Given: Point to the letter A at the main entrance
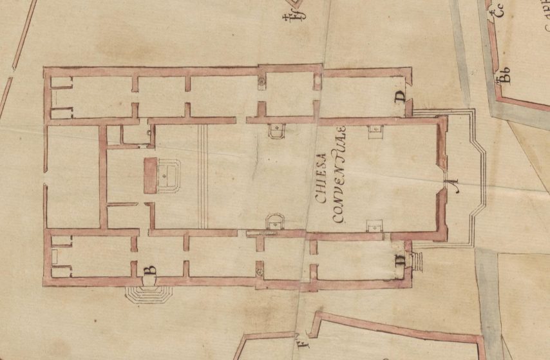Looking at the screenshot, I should tap(453, 187).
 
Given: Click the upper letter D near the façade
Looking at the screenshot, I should tap(400, 97).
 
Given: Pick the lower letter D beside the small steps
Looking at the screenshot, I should tap(400, 261).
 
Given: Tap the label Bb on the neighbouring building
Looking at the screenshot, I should tap(503, 79).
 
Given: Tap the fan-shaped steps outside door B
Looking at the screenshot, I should tap(149, 293).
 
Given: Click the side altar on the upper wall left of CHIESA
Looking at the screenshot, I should tap(276, 129).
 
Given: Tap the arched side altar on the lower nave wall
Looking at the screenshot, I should tap(275, 221).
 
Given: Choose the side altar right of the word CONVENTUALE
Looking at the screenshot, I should tap(374, 225).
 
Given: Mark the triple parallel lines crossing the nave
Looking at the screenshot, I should tap(203, 176).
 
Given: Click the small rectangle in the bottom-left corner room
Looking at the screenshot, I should tap(55, 256).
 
